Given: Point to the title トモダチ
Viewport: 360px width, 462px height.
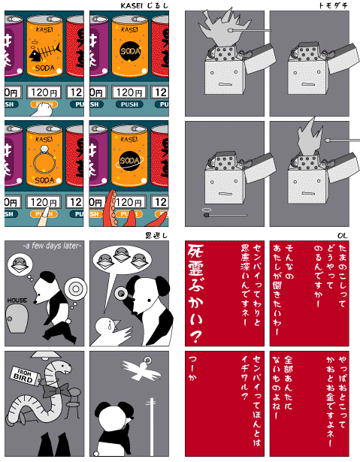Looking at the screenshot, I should click(333, 6).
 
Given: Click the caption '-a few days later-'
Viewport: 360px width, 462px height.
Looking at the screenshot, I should click(52, 246).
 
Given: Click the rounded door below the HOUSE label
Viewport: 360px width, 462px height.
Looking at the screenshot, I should click(17, 321).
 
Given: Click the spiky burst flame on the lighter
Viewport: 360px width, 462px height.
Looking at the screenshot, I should click(219, 30).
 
